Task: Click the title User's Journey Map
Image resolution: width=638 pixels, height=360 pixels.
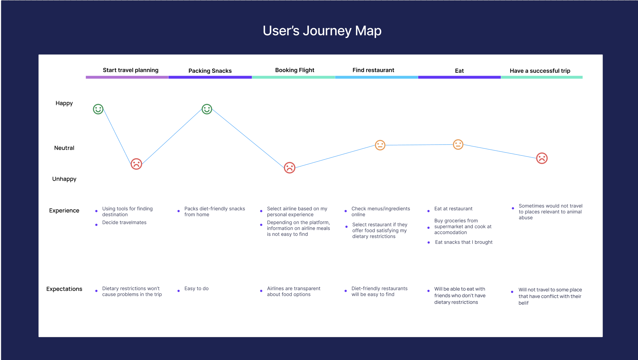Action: (322, 31)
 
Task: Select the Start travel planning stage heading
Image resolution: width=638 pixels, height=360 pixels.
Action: (130, 70)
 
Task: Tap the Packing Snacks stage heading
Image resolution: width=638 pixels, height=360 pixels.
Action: (210, 71)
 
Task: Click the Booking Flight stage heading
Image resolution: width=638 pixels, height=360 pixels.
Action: (295, 70)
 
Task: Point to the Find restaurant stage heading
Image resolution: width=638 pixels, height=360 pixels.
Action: (373, 70)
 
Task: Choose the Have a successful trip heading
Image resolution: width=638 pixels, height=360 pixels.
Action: (540, 71)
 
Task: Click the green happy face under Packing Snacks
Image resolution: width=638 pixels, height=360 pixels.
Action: (207, 109)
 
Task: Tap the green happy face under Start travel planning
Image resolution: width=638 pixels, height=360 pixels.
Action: (98, 109)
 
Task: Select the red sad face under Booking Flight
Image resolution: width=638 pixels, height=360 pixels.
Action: (290, 168)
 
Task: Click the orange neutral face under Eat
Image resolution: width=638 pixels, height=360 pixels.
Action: (458, 145)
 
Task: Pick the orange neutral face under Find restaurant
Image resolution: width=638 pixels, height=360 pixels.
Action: (380, 145)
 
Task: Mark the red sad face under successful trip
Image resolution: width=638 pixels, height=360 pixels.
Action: (542, 158)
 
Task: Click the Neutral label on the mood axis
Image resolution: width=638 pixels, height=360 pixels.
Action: (64, 148)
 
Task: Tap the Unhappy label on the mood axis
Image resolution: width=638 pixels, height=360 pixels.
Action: (64, 179)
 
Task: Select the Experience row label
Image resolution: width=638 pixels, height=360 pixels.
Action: (64, 211)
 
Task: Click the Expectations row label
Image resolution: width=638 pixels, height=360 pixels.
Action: (64, 289)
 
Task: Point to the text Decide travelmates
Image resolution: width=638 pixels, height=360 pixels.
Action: (124, 222)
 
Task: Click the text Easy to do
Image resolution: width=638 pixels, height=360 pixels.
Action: (197, 289)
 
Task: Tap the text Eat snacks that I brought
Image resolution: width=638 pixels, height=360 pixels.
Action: (464, 242)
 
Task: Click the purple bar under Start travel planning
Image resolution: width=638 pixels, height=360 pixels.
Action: (127, 77)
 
